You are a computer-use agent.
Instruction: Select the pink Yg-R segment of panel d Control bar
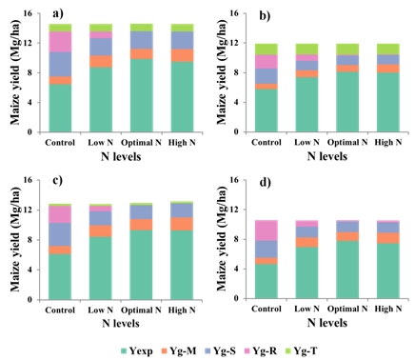(x=267, y=230)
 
